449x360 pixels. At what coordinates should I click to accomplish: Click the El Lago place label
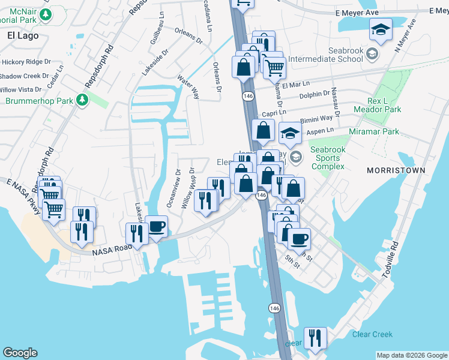23,35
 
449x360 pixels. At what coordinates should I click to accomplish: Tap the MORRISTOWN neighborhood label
396,170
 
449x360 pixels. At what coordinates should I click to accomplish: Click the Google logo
20,353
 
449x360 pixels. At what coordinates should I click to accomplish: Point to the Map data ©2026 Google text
411,355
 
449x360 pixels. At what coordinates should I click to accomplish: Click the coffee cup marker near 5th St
299,239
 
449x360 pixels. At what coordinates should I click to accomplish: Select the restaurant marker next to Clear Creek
315,338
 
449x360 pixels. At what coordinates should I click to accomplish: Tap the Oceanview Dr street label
178,189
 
